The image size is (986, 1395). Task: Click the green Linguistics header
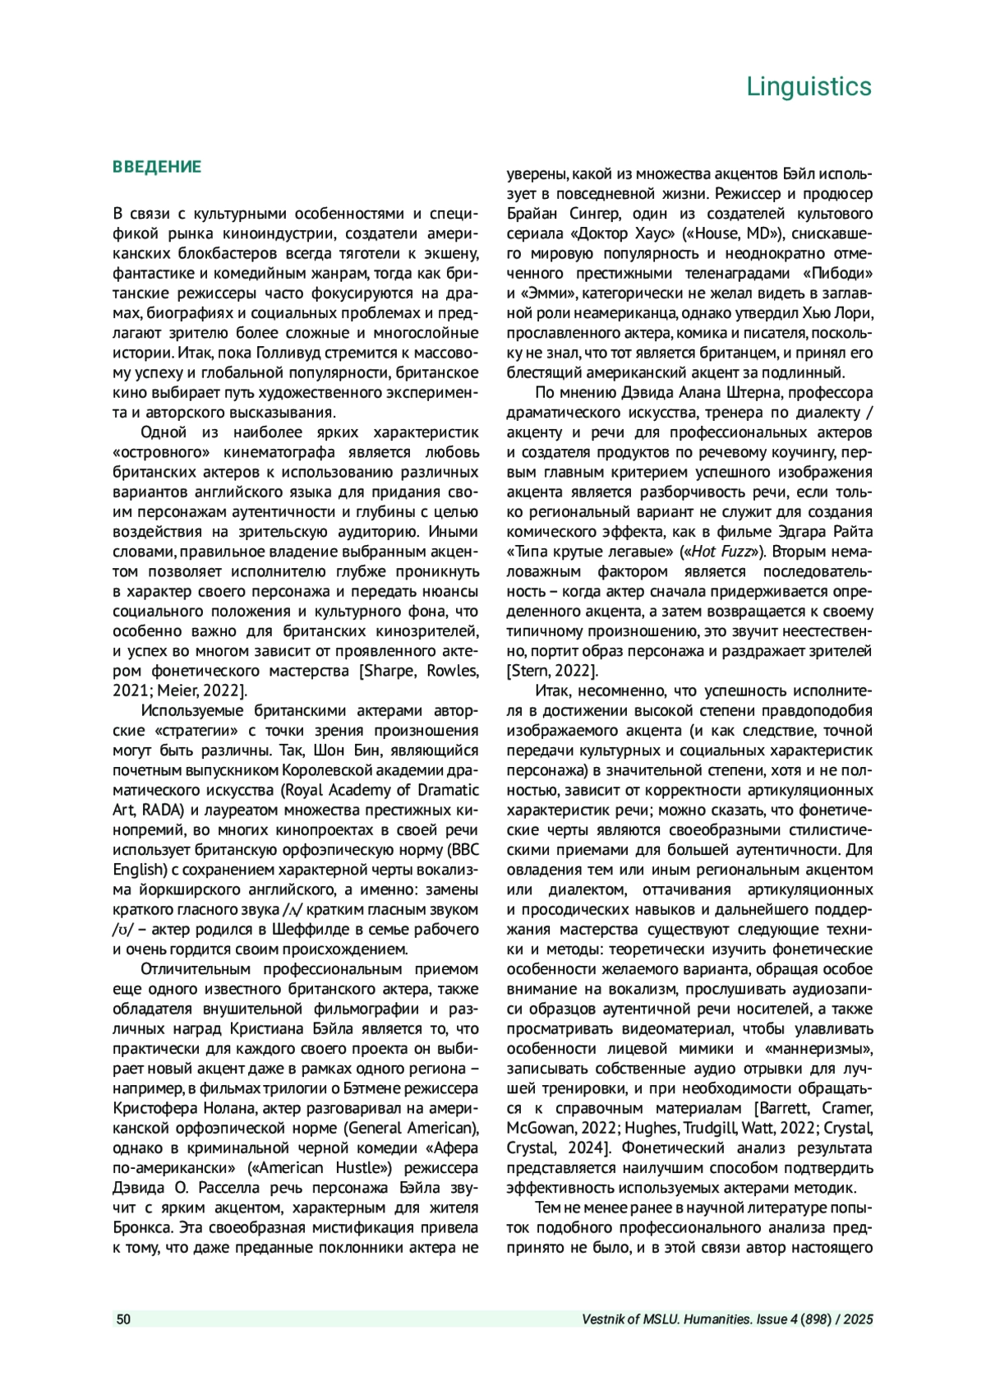pos(809,86)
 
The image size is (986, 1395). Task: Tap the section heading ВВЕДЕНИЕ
pos(157,167)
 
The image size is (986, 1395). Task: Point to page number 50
pos(123,1319)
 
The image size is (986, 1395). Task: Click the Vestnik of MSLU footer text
pos(727,1319)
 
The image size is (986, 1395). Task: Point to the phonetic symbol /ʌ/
pos(293,910)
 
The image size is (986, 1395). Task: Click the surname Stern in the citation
pos(532,671)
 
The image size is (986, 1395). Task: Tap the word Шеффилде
pos(309,929)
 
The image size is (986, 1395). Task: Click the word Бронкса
pos(141,1227)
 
